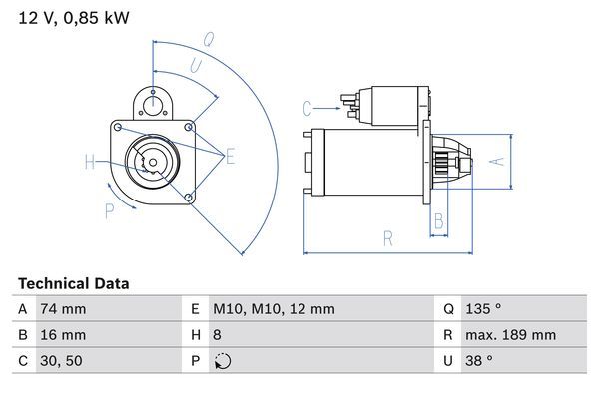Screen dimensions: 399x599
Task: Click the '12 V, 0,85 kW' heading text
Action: [74, 17]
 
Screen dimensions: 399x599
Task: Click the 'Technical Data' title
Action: [73, 283]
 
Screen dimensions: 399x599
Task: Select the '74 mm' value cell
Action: [62, 309]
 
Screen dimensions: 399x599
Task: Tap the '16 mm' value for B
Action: [62, 335]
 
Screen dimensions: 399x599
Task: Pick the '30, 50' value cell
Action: [61, 361]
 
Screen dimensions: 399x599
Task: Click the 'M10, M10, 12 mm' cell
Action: [274, 309]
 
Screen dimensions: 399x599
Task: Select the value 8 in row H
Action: [217, 335]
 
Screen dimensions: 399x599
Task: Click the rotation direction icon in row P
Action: [221, 361]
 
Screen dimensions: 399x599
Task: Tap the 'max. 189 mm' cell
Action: [513, 335]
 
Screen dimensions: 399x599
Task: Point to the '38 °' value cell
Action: [483, 361]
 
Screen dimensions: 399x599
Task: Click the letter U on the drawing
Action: [194, 65]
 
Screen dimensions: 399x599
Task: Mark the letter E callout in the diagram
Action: [230, 155]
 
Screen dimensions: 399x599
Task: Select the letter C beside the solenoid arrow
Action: [307, 108]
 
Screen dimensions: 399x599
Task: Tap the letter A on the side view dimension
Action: [501, 160]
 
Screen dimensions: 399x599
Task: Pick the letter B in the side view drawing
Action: [438, 221]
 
